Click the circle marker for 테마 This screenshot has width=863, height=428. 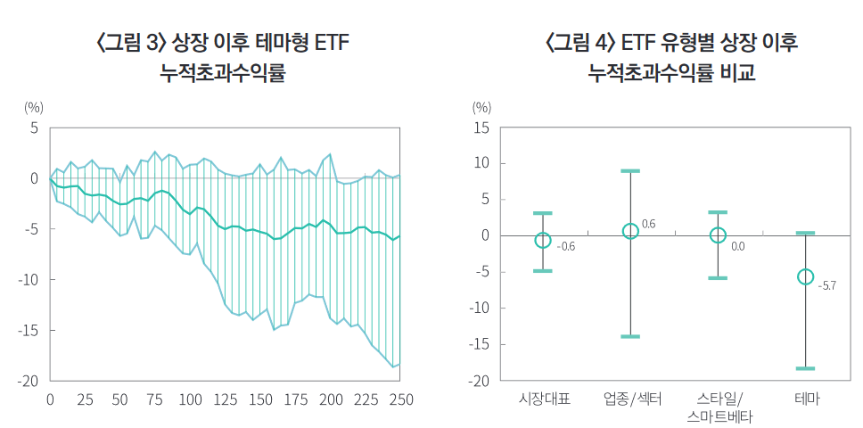point(805,276)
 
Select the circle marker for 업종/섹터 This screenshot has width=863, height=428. point(630,231)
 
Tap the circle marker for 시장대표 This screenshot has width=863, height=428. point(542,240)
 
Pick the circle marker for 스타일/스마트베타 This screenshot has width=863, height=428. point(718,235)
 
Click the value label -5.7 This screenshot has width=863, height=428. point(827,285)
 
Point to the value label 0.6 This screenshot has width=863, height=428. point(648,224)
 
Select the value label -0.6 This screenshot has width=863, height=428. point(565,246)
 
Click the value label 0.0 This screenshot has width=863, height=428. point(737,245)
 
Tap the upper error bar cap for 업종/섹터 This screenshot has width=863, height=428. point(630,170)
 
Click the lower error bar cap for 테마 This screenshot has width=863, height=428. point(805,368)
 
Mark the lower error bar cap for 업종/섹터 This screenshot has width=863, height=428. point(630,336)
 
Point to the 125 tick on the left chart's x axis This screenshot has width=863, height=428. point(226,399)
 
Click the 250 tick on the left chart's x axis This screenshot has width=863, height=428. point(401,399)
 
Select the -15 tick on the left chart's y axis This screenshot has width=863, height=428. point(29,330)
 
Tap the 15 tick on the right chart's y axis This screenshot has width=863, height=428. point(481,128)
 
